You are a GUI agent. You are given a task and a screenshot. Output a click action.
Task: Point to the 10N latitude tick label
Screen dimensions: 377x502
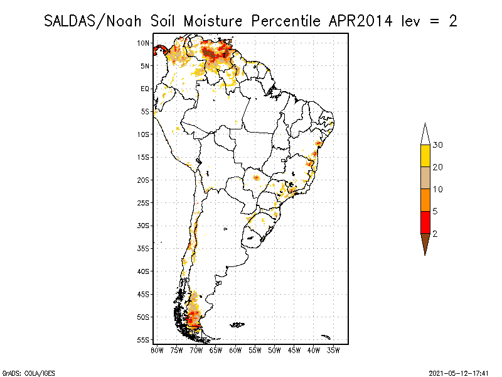[x=143, y=43]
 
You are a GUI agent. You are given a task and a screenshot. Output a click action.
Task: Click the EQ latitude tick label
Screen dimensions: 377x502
[x=145, y=89]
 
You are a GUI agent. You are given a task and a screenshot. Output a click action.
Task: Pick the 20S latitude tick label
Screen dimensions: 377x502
[x=143, y=180]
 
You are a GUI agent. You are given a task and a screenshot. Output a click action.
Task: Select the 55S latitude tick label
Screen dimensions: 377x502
[x=143, y=340]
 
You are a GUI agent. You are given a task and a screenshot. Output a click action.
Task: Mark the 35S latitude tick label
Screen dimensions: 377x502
[x=143, y=248]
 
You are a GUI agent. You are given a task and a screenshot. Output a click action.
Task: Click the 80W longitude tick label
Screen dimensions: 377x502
[x=158, y=349]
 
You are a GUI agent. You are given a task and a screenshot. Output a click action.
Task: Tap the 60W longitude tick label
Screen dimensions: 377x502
[x=235, y=349]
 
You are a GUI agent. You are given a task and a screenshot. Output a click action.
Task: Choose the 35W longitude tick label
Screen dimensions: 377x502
[x=333, y=349]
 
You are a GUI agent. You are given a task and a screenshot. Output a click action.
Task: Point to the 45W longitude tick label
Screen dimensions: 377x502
[x=294, y=349]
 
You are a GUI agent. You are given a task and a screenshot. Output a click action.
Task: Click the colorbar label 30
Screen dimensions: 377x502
[x=438, y=145]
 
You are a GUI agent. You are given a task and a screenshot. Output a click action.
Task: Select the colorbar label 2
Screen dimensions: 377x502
[x=435, y=234]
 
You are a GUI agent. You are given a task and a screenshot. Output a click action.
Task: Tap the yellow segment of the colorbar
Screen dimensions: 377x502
[x=425, y=156]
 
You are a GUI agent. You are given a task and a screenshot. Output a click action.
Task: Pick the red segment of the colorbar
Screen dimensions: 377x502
[x=425, y=222]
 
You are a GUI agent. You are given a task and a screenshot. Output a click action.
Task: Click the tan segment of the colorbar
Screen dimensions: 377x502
[x=425, y=178]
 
